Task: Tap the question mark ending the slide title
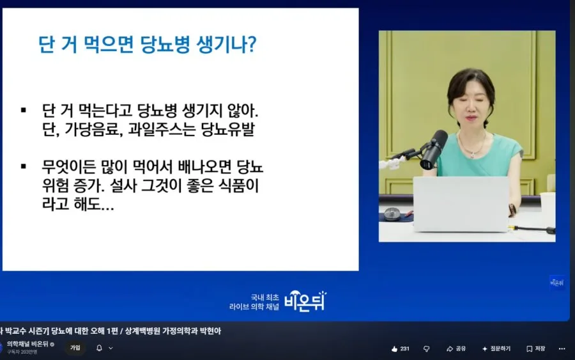point(252,44)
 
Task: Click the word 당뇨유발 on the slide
point(227,129)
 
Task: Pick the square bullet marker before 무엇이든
point(24,167)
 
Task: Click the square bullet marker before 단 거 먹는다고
point(24,110)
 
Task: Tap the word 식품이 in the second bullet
point(239,185)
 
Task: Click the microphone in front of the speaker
point(433,149)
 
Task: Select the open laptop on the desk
point(461,204)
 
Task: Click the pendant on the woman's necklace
point(472,154)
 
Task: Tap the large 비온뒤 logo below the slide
point(305,301)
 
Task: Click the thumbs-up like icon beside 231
point(394,348)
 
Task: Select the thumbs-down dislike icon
point(427,348)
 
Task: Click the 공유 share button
point(456,348)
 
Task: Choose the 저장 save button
point(536,348)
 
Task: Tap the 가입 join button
point(75,348)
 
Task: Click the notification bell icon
point(99,348)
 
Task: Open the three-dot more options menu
point(562,348)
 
